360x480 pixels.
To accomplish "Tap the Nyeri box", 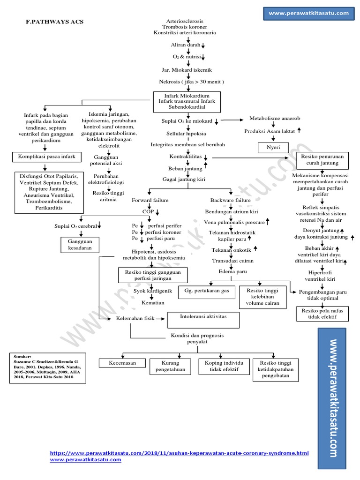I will tap(271, 148).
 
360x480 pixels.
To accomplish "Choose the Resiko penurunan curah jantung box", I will tap(323, 160).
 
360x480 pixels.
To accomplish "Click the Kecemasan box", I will tap(122, 363).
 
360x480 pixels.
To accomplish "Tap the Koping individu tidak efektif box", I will tap(225, 367).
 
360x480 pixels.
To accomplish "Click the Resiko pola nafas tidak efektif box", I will tap(322, 314).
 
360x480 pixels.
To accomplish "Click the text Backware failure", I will tap(230, 200).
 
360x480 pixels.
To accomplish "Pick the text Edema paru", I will tap(229, 271).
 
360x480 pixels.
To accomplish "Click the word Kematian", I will tap(152, 303).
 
